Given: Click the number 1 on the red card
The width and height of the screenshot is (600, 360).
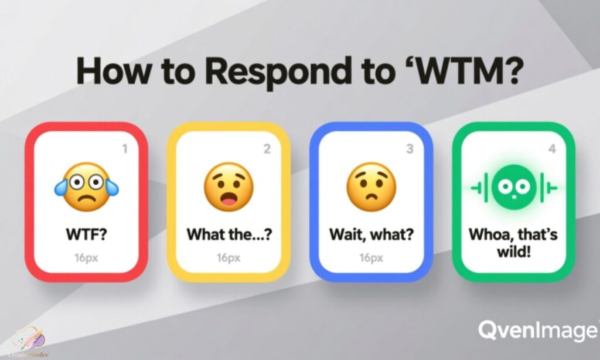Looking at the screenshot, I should pos(124,150).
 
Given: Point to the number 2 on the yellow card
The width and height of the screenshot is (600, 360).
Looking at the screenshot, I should pos(267,150).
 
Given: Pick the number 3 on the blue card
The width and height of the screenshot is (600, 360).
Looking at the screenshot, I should pos(410,150).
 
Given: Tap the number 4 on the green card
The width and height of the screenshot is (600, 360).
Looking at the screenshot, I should pos(551,149).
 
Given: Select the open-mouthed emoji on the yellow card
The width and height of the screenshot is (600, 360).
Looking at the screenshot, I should pos(229,188).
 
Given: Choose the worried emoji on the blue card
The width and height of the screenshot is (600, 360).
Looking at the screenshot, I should pos(371,188).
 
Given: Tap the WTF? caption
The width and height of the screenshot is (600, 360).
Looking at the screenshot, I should pos(86,236).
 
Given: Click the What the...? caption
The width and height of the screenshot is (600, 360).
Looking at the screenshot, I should pos(229,236).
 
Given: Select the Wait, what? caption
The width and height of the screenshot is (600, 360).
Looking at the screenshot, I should pos(371,236).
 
